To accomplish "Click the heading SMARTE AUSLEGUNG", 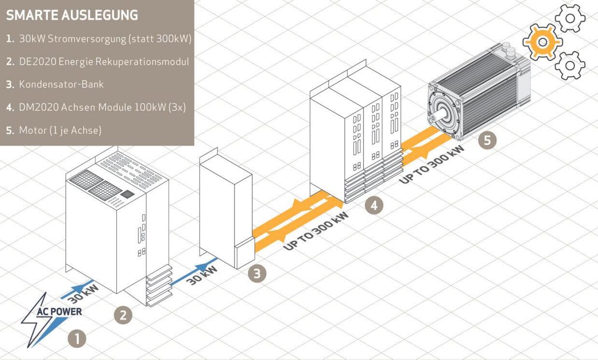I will pos(72,15).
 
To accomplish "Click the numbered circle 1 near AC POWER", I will pos(76,338).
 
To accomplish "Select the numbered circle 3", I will pos(257,274).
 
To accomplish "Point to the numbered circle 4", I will pos(373,205).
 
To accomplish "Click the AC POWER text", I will pos(59,312).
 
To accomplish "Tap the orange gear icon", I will pos(542,42).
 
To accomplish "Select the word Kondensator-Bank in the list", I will pos(61,85).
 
